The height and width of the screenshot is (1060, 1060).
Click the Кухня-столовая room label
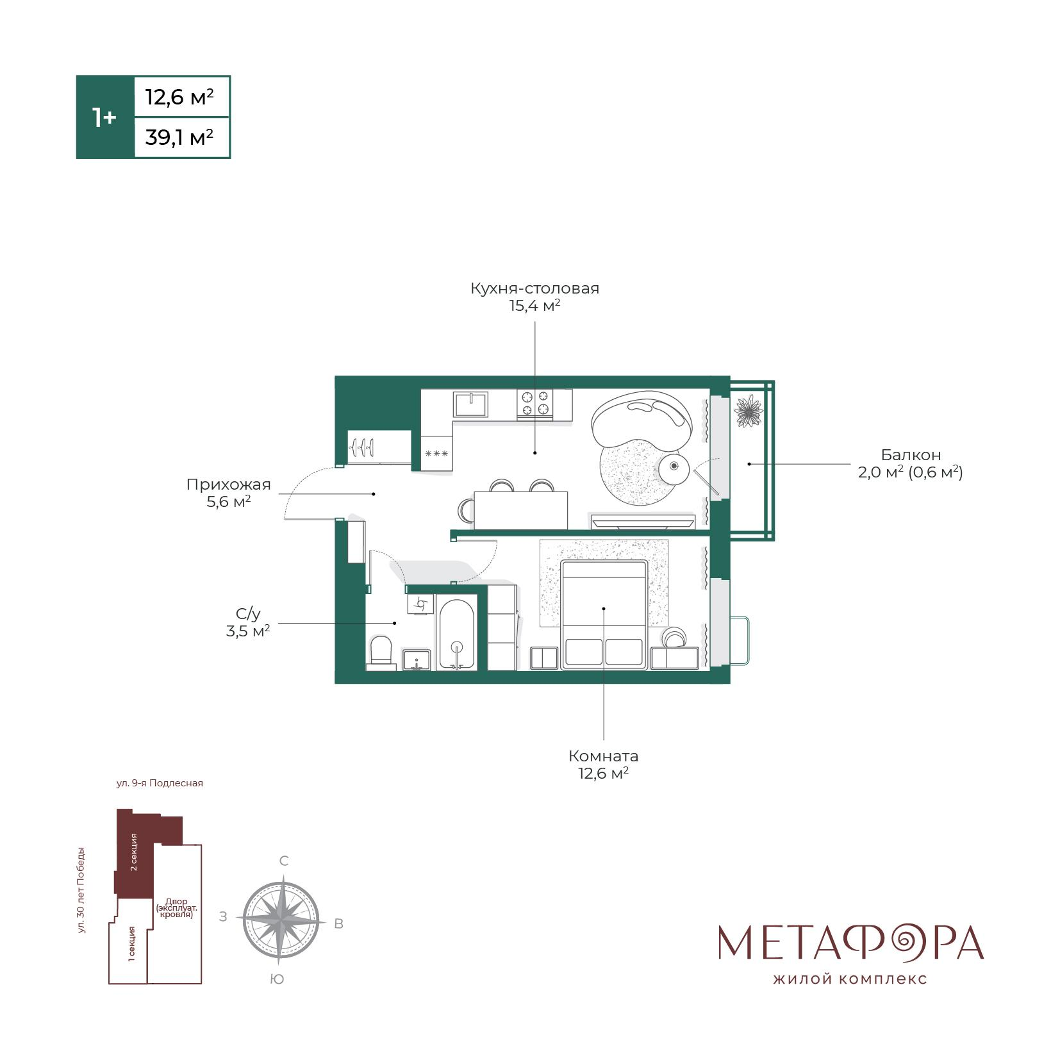[x=534, y=288]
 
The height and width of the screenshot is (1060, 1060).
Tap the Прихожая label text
[x=228, y=484]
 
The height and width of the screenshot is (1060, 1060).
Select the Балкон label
[x=911, y=455]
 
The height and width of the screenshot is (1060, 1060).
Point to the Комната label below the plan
[x=603, y=756]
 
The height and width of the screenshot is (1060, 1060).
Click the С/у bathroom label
[x=248, y=614]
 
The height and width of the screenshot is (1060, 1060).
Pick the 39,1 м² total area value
[x=179, y=137]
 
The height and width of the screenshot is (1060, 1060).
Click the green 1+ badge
[x=104, y=117]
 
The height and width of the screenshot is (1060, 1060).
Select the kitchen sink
[x=471, y=404]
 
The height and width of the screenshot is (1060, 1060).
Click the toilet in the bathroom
[x=382, y=652]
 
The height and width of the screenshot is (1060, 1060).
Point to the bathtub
[x=456, y=633]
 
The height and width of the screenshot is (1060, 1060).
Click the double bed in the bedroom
[x=604, y=614]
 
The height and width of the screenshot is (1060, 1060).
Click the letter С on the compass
[x=284, y=861]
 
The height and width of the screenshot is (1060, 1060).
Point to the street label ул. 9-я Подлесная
[x=160, y=783]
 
